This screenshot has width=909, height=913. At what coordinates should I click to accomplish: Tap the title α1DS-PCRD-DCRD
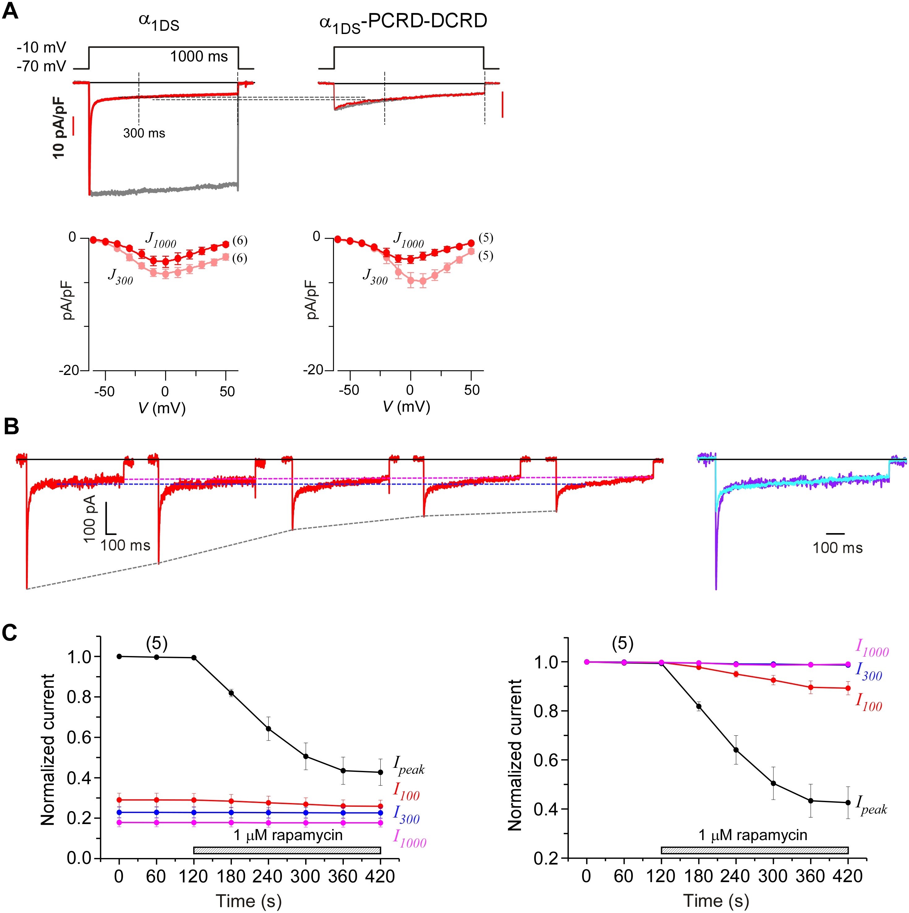(403, 23)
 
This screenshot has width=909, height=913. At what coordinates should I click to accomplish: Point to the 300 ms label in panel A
(144, 133)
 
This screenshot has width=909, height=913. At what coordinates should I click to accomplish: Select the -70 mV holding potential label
(42, 66)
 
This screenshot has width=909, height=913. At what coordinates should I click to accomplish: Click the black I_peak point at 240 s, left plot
(269, 728)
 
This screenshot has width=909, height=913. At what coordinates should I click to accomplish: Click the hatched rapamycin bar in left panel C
(287, 851)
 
